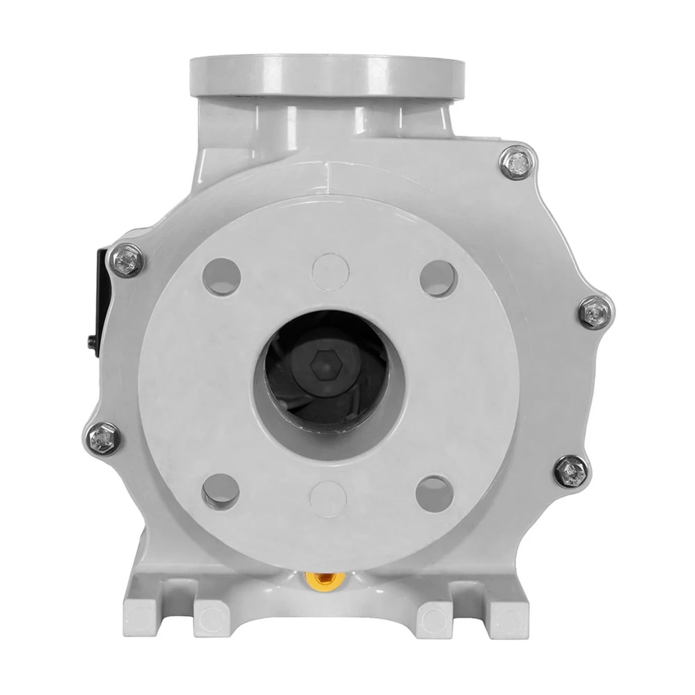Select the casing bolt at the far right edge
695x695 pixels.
point(593,311)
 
